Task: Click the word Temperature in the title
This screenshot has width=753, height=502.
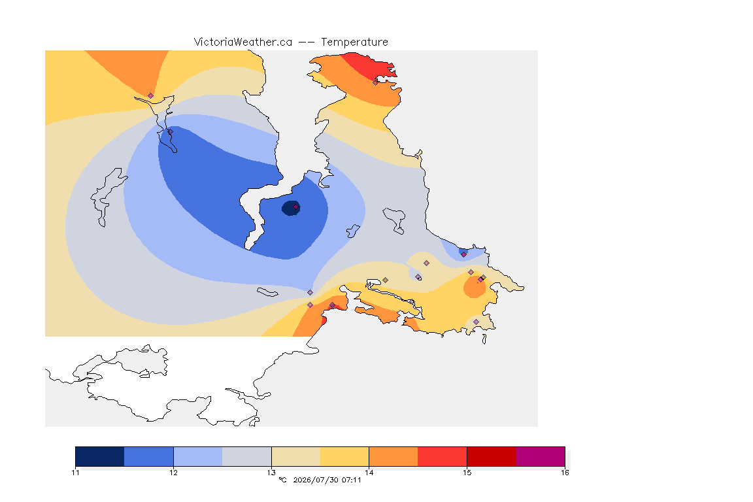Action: tap(354, 42)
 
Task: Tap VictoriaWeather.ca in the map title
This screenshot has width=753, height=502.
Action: tap(243, 42)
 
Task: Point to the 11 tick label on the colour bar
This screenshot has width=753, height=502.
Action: tap(75, 473)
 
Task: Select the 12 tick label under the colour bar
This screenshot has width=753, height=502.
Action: tap(173, 473)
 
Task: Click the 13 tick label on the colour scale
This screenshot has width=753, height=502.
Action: tap(271, 473)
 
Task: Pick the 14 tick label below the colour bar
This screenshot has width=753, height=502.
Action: tap(369, 473)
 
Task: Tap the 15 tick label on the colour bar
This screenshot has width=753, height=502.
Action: tap(467, 473)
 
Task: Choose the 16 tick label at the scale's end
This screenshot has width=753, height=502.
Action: tap(565, 473)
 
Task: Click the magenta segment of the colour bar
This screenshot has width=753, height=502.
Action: tap(541, 456)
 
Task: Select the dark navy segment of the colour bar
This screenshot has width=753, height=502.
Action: tap(100, 456)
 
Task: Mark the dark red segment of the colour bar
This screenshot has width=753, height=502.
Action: tap(492, 456)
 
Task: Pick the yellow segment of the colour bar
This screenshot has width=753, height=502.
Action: tap(344, 456)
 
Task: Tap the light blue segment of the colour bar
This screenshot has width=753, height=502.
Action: tap(198, 456)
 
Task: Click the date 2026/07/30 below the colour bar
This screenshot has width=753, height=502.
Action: tap(316, 480)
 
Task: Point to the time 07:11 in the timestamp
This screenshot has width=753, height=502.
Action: tap(352, 480)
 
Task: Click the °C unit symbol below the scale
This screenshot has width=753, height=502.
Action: tap(283, 480)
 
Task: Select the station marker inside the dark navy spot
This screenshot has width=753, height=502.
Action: tap(296, 207)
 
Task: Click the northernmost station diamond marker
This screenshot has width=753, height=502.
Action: tap(376, 82)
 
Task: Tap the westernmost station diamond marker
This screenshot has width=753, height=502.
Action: tap(151, 96)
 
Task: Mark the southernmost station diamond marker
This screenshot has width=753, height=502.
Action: tap(476, 322)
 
